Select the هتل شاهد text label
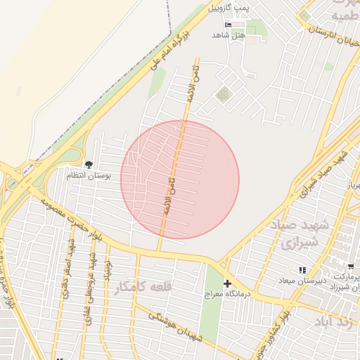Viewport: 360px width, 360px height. [230, 34]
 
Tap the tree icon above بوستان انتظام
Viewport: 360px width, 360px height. [89, 164]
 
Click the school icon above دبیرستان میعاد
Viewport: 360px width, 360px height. [302, 269]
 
